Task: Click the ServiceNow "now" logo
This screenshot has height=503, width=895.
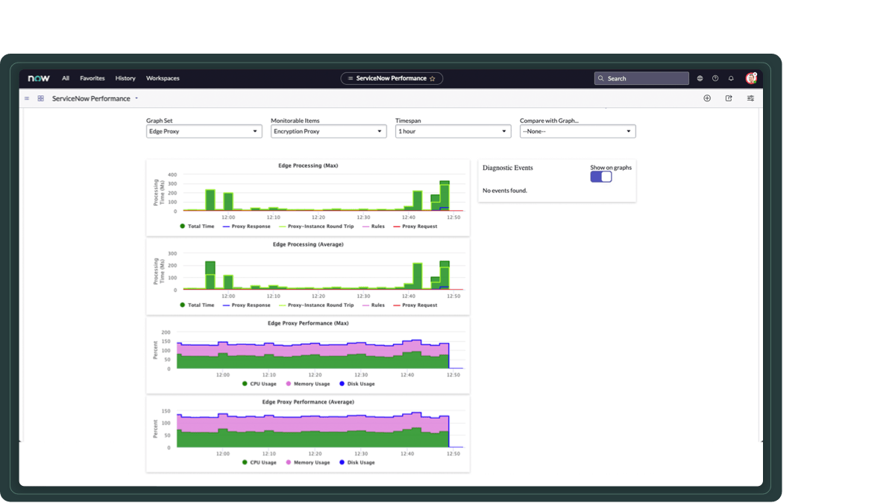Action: (x=39, y=78)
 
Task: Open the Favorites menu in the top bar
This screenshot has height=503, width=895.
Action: (x=92, y=78)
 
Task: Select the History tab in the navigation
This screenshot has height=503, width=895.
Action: (x=125, y=78)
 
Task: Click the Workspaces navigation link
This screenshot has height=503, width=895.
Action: (x=163, y=78)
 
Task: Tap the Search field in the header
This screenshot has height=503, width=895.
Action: (x=641, y=78)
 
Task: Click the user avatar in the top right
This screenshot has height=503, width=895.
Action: (x=751, y=78)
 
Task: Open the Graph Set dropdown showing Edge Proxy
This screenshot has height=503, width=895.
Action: (x=204, y=131)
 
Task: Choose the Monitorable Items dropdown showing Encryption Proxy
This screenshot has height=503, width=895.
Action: (x=328, y=131)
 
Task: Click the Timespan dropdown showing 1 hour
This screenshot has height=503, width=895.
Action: (x=453, y=131)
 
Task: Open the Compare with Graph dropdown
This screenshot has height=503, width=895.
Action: (x=577, y=131)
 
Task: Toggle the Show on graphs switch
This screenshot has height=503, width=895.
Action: (x=601, y=177)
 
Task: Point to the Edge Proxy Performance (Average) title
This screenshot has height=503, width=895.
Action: (x=308, y=402)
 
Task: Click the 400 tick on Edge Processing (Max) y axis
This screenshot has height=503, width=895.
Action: (x=172, y=175)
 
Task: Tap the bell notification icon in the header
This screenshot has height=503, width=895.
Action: (x=731, y=78)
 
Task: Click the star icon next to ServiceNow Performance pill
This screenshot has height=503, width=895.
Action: (x=433, y=78)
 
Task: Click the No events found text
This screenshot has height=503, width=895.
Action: (x=505, y=191)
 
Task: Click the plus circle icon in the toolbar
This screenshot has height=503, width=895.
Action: (x=707, y=98)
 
